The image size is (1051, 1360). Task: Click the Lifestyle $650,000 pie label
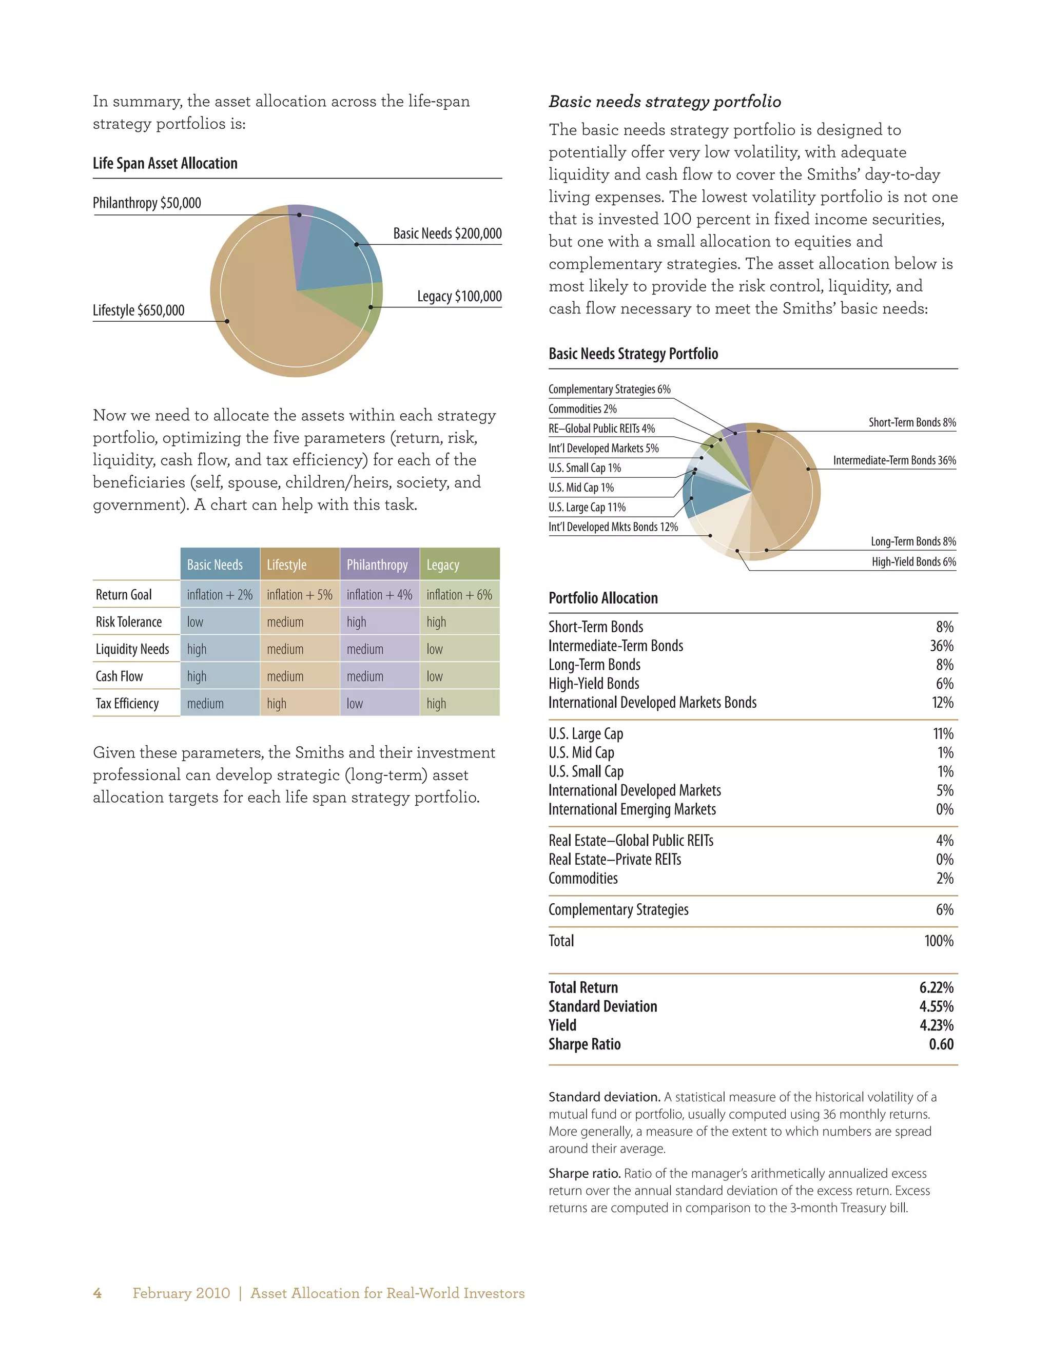[x=138, y=310]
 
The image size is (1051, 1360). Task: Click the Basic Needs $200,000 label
[x=447, y=234]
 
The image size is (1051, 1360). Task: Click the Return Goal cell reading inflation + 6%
[x=459, y=595]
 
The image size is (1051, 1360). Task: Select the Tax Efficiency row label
[x=127, y=704]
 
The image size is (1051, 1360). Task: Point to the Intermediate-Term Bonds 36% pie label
[x=894, y=460]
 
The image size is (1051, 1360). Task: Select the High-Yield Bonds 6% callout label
[x=913, y=561]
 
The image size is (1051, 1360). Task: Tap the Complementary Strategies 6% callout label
[x=609, y=389]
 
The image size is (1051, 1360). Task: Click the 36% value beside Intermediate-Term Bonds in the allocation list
[x=941, y=646]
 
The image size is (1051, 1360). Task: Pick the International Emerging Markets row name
[x=632, y=809]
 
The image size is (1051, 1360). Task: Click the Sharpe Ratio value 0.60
[x=941, y=1044]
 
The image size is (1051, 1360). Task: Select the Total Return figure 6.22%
[x=936, y=987]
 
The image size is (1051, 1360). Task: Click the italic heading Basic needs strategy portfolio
[x=665, y=102]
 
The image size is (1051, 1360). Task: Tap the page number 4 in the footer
[x=97, y=1293]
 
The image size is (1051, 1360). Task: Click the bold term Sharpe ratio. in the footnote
[x=584, y=1173]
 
